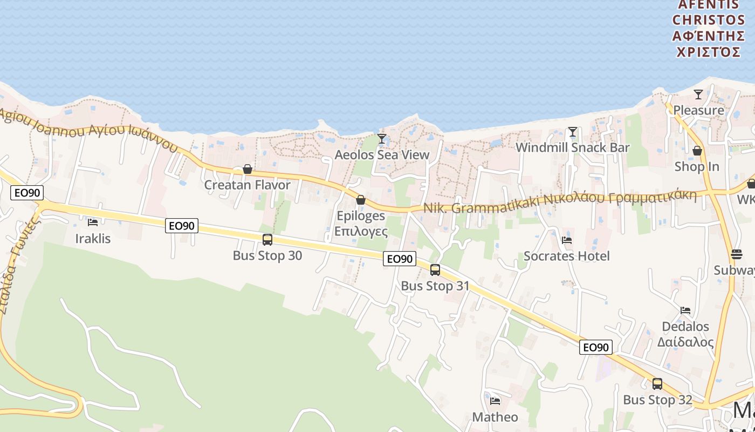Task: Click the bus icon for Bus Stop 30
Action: tap(267, 239)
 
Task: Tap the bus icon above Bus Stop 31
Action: tap(435, 269)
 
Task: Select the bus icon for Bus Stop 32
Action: tap(657, 384)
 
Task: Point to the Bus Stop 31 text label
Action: tap(435, 286)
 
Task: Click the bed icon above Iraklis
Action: tap(93, 222)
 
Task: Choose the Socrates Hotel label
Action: tap(567, 256)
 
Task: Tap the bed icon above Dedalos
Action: tap(685, 310)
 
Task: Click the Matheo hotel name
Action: tap(495, 417)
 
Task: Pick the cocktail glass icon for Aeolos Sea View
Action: tap(382, 139)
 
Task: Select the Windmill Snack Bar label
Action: tap(573, 147)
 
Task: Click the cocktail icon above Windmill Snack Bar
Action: tap(573, 132)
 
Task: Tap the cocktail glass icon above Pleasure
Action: tap(698, 94)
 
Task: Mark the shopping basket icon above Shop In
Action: tap(697, 151)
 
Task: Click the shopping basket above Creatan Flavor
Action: tap(248, 169)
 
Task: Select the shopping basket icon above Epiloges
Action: tap(361, 200)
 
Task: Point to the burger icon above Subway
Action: tap(737, 254)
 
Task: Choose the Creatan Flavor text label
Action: tap(247, 185)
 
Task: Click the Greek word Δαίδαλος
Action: tap(685, 342)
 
